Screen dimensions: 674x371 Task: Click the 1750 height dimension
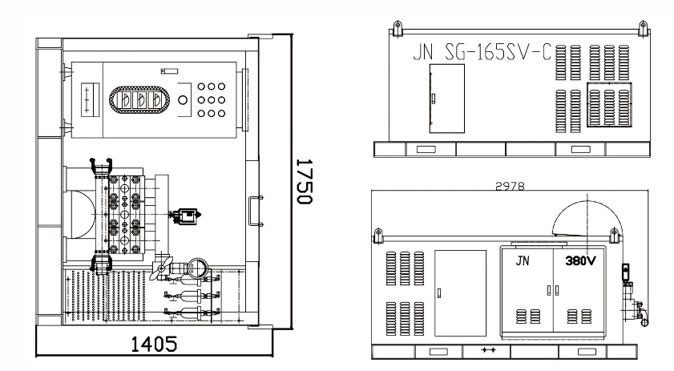coord(305,181)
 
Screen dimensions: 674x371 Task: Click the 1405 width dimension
coord(153,344)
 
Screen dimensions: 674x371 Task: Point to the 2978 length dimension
coord(510,186)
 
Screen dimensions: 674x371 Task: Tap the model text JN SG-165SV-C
coord(482,52)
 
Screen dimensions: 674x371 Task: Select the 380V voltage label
coord(581,260)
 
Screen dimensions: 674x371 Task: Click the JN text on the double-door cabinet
coord(523,260)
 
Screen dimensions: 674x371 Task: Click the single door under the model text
coord(447,99)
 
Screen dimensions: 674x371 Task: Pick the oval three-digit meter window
coord(139,99)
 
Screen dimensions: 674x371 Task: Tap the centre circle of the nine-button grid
coord(211,99)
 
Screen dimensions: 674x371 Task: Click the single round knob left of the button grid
coord(183,100)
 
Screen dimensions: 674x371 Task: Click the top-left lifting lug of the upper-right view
coord(398,28)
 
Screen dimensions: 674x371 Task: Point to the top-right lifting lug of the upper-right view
coord(643,28)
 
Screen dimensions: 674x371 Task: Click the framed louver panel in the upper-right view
coord(609,104)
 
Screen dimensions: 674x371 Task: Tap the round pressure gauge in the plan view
coord(198,269)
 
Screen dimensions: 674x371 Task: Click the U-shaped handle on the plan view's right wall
coord(256,211)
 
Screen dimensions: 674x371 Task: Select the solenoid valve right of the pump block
coord(185,216)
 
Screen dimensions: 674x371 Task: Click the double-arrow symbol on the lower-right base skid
coord(488,350)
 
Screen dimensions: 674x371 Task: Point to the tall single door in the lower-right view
coord(460,293)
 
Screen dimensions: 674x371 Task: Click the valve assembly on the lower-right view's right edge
coord(633,296)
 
